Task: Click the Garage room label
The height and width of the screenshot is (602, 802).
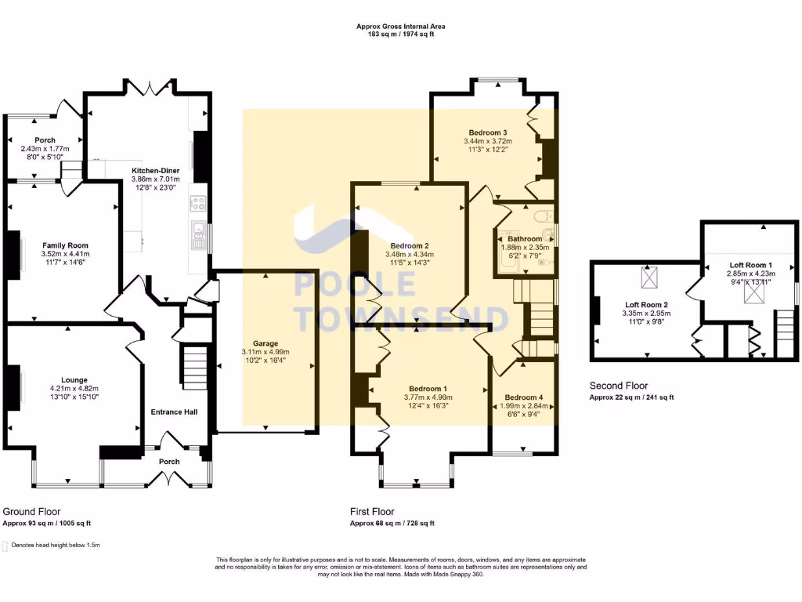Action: tap(266, 343)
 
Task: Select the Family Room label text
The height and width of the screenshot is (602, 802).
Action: tap(65, 245)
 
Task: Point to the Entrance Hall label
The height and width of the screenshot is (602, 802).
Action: tap(173, 412)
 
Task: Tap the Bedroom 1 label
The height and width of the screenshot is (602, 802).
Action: tap(428, 389)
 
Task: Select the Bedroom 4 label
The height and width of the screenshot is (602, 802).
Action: tap(524, 397)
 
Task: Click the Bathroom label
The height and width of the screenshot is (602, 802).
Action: tap(524, 239)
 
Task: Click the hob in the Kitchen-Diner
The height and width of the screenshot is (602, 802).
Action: tap(197, 205)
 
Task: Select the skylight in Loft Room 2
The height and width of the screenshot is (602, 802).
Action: tap(649, 277)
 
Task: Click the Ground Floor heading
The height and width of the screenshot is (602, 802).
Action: tap(32, 511)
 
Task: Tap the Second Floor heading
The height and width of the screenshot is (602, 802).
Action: tap(618, 386)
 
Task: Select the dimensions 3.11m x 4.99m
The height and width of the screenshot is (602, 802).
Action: tap(266, 352)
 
